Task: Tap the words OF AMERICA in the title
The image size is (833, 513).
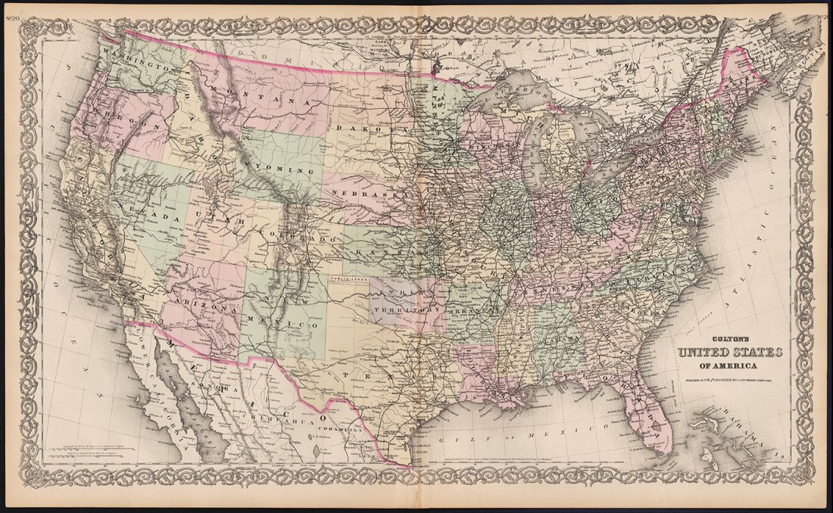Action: [731, 366]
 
